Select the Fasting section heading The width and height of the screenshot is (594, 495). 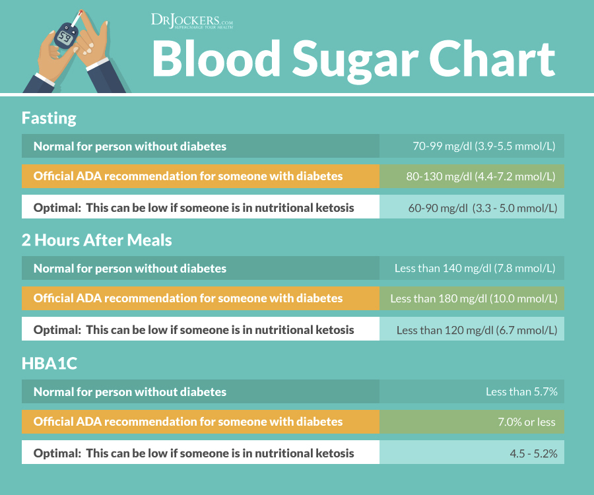coord(49,118)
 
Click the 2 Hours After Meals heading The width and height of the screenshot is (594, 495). coord(96,240)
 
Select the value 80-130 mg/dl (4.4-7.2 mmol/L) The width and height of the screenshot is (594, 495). coord(480,176)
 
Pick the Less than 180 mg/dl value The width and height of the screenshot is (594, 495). coord(473,298)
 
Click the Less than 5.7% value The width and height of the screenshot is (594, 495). coord(521,391)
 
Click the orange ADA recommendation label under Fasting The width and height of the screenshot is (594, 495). coord(188,176)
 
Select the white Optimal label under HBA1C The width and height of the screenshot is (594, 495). coord(193,453)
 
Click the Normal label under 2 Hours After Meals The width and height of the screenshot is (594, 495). coord(130,269)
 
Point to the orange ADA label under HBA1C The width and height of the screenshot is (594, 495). coord(188,422)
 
